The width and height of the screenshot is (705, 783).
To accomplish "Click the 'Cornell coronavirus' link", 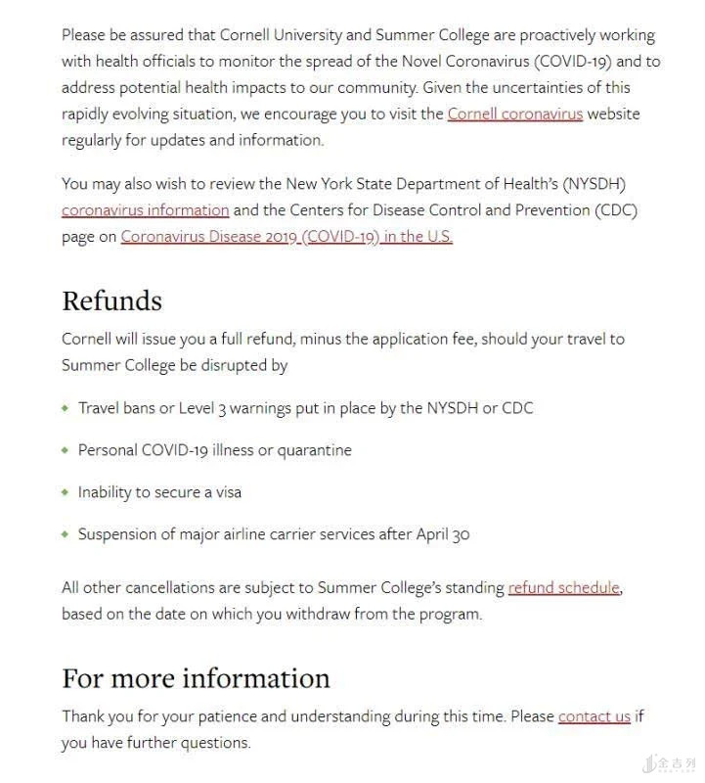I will pyautogui.click(x=514, y=114).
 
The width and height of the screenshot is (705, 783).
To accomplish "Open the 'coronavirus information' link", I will pyautogui.click(x=145, y=209).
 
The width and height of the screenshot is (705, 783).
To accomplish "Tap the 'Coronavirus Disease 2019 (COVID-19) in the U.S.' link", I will pyautogui.click(x=286, y=236).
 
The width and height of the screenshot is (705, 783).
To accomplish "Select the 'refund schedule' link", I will pyautogui.click(x=563, y=587).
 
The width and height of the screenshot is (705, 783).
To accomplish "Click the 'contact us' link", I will pyautogui.click(x=594, y=715).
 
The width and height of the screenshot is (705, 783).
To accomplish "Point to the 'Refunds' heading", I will pyautogui.click(x=111, y=300).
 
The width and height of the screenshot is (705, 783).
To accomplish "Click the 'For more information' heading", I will pyautogui.click(x=196, y=678).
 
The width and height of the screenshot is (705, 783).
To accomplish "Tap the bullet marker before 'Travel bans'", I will pyautogui.click(x=66, y=407).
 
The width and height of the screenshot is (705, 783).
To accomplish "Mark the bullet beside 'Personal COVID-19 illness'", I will pyautogui.click(x=66, y=450).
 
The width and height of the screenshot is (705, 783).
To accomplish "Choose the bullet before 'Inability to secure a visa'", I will pyautogui.click(x=66, y=492).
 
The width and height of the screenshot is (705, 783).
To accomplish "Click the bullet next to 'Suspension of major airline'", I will pyautogui.click(x=66, y=534).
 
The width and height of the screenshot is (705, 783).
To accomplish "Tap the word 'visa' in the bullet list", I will pyautogui.click(x=225, y=492).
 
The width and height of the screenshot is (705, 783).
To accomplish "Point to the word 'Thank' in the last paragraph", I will pyautogui.click(x=83, y=715).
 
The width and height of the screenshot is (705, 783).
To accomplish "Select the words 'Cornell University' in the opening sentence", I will pyautogui.click(x=284, y=34).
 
